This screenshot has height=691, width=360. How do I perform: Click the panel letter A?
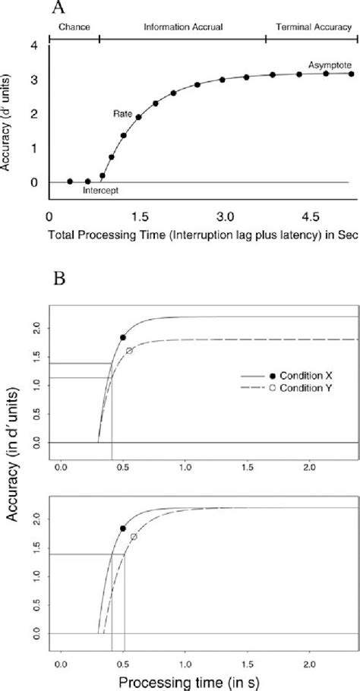tap(57, 8)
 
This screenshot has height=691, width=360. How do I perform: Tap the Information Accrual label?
tap(182, 27)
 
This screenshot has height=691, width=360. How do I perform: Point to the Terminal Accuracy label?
tap(311, 27)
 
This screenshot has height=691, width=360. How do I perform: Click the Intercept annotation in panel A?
tap(103, 191)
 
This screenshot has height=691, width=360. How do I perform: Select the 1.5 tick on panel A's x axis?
tap(137, 216)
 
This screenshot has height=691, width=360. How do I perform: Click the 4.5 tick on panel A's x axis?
tap(311, 216)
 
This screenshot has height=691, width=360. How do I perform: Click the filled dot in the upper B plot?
tap(123, 337)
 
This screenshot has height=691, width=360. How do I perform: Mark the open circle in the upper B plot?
tap(129, 350)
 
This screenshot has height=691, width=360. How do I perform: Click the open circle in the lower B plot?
tap(134, 537)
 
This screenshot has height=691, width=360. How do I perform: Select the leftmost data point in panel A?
tap(69, 181)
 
